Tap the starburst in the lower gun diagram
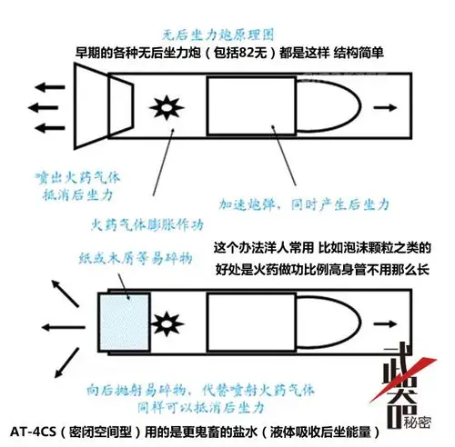coord(167,320)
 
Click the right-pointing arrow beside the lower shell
coord(386,320)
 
